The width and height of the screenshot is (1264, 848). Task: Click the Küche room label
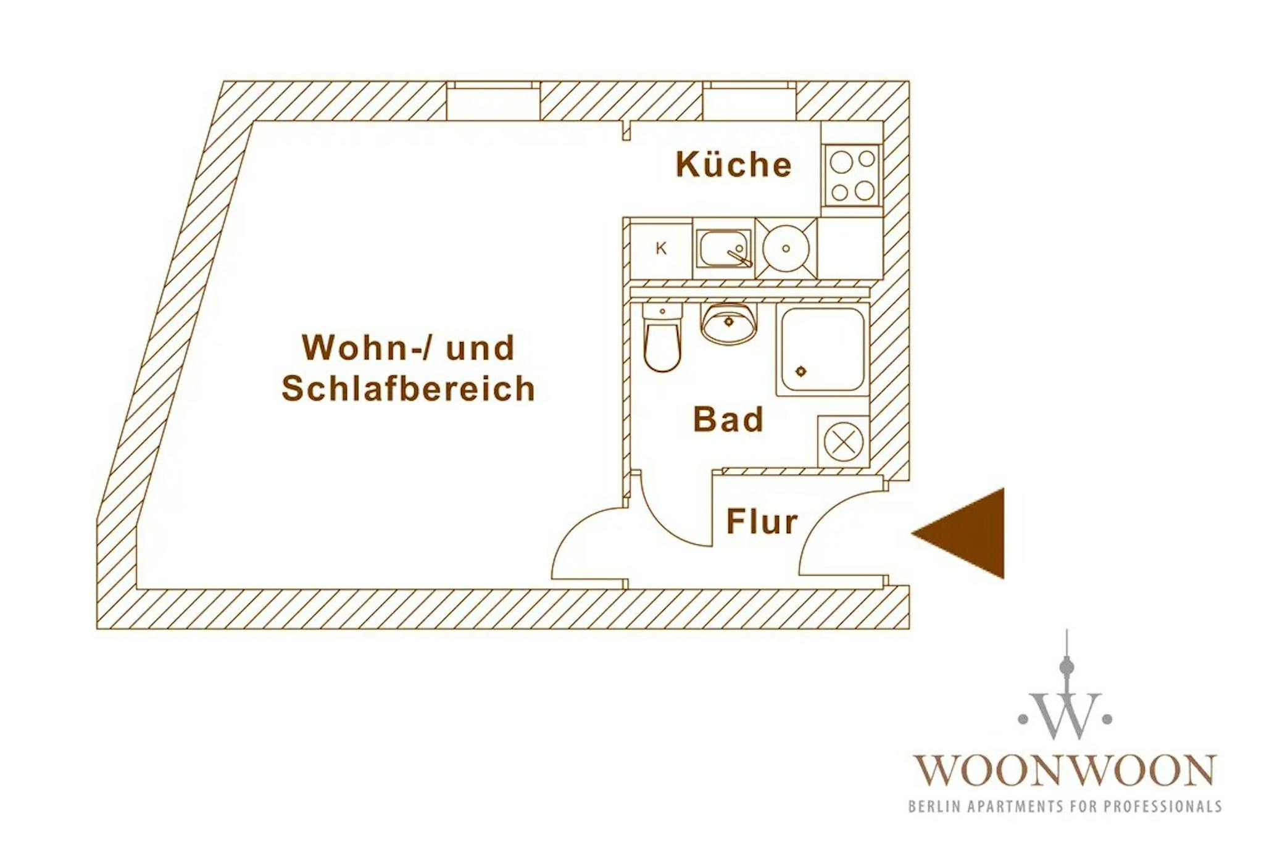[733, 165]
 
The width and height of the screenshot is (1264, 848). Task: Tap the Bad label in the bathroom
[728, 420]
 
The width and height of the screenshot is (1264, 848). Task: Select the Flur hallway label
[762, 522]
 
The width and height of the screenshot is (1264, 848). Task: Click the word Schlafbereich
[408, 389]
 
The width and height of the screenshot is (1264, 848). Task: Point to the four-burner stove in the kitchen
[852, 175]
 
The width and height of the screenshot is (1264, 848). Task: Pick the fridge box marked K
[661, 249]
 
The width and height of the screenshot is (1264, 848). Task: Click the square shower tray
[822, 350]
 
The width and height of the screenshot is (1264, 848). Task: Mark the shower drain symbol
[801, 371]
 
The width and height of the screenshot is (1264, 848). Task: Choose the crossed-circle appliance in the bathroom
[843, 442]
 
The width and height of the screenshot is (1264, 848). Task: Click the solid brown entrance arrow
[966, 533]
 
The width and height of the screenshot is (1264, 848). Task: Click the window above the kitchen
[749, 102]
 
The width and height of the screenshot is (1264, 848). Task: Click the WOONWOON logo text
[1064, 770]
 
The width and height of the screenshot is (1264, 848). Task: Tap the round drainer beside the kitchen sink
[786, 249]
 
